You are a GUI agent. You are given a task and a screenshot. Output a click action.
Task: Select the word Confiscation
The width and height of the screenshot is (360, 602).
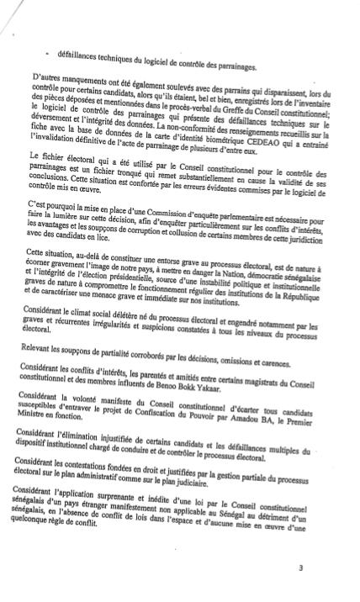pos(169,402)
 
